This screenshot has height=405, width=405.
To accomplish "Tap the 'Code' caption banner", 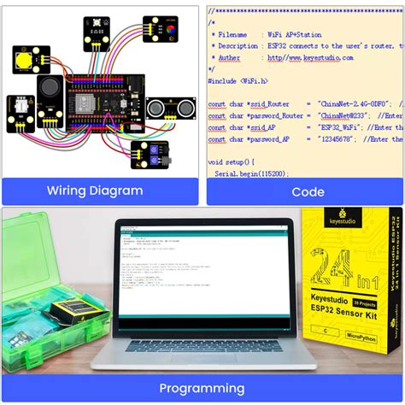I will tap(308, 191).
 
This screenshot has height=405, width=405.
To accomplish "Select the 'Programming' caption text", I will tap(202, 388).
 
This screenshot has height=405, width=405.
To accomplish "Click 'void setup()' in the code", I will tap(231, 161).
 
